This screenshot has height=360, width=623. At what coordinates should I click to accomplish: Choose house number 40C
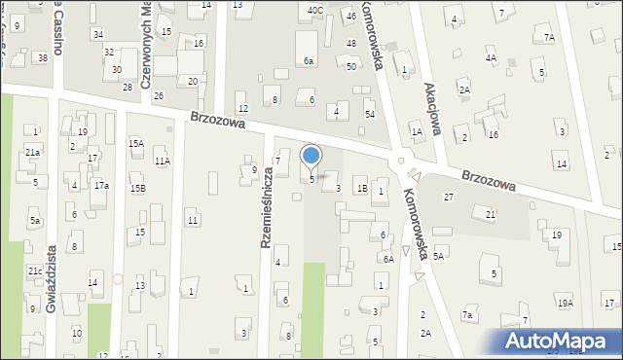tap(314, 10)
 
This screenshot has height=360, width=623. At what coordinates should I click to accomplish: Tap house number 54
tap(369, 115)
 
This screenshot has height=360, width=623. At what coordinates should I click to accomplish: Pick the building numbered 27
tap(449, 198)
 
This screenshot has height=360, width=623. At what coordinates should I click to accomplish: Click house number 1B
tap(361, 189)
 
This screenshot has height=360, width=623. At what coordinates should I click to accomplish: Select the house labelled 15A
tap(136, 143)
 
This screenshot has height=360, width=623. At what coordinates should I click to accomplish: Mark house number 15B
tap(138, 189)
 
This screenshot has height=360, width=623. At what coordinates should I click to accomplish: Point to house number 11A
tap(162, 162)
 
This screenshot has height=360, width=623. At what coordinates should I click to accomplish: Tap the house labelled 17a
tap(101, 186)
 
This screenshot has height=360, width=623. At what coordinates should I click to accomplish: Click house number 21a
tap(32, 153)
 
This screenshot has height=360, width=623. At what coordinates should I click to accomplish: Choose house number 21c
tap(34, 271)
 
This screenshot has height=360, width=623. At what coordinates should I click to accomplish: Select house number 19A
tap(566, 304)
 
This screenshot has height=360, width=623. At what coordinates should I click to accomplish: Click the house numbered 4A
tap(491, 58)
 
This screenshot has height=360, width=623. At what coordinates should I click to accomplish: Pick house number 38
tap(42, 58)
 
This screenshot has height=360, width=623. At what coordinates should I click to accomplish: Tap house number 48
tap(350, 44)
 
